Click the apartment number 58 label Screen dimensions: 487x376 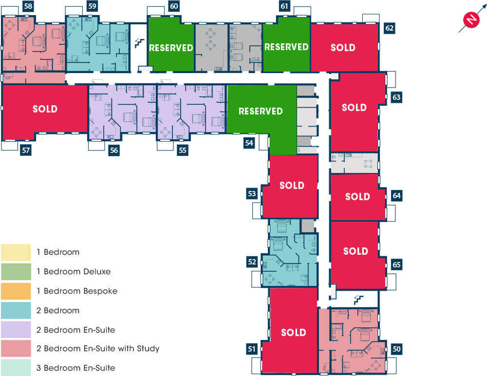[x=28, y=6]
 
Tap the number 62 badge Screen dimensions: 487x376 [x=390, y=28]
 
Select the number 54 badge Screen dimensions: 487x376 [x=249, y=143]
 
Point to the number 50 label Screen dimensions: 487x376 [x=396, y=349]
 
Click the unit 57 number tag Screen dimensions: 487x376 [x=26, y=150]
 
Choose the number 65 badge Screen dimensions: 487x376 [x=396, y=264]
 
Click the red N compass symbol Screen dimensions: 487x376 [x=471, y=19]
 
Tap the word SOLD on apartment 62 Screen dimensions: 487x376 [x=343, y=48]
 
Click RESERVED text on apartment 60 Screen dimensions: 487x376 [x=171, y=48]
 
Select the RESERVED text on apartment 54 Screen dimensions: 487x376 [x=261, y=111]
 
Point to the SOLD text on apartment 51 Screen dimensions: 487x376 [x=294, y=333]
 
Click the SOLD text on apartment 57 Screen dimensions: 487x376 [x=45, y=109]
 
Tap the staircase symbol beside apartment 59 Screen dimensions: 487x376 [x=139, y=43]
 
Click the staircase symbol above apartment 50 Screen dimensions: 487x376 [x=358, y=300]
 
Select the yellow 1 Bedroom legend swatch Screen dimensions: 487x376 [x=16, y=252]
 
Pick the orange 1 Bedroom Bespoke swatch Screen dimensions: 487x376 [x=16, y=291]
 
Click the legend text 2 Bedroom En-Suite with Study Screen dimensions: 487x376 [x=98, y=349]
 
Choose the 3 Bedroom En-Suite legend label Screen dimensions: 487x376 [x=76, y=368]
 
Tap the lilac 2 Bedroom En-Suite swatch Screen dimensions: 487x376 [x=16, y=329]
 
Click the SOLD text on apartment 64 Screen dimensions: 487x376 [x=357, y=196]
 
